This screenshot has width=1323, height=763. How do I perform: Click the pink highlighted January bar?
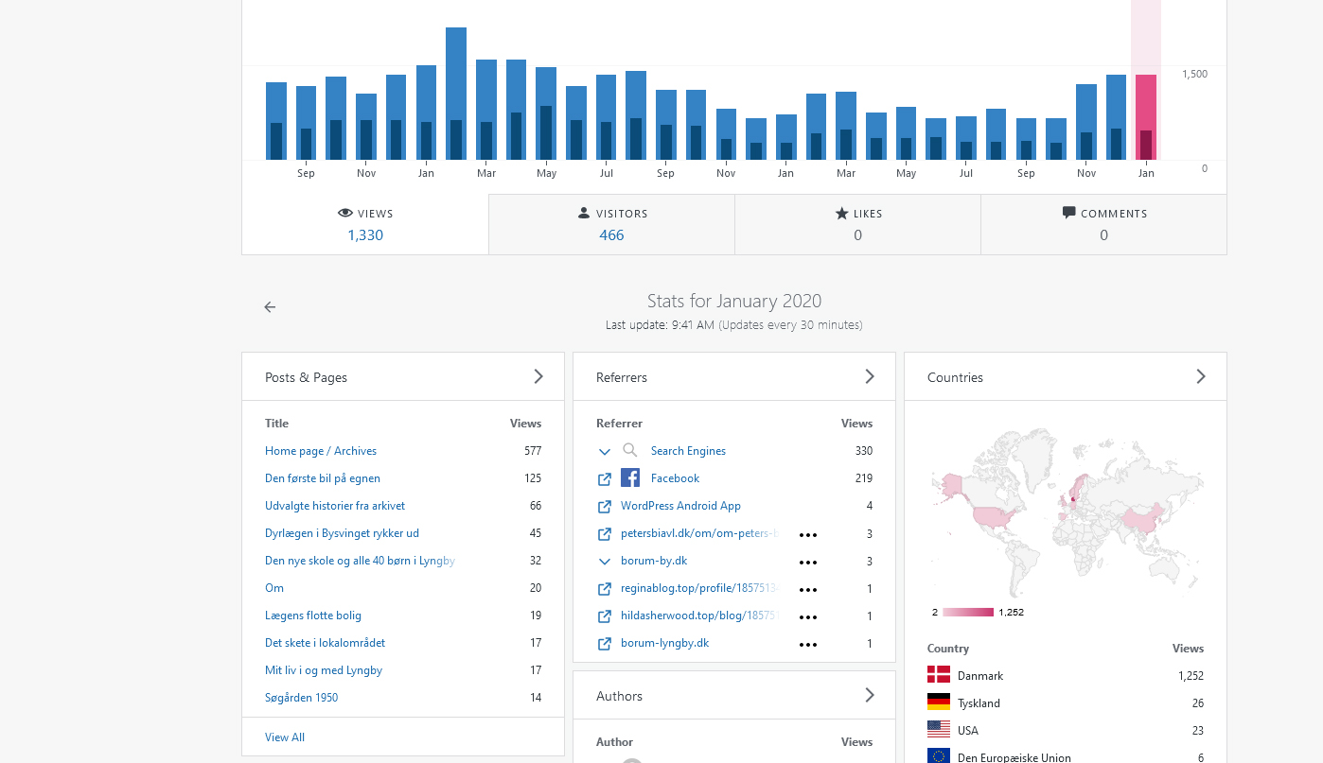[1146, 117]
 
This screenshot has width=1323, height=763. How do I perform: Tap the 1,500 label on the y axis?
[1194, 74]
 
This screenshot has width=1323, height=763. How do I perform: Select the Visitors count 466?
[611, 234]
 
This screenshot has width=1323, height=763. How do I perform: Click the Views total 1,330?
[365, 234]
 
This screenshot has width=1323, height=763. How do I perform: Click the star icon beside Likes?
[841, 213]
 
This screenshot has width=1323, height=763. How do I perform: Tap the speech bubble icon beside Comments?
[1068, 213]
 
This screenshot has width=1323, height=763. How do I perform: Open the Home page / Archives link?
[320, 451]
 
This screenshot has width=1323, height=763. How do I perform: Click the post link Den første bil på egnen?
[323, 478]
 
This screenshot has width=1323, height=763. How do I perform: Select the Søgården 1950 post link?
[301, 698]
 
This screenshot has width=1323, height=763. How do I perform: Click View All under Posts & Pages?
[285, 737]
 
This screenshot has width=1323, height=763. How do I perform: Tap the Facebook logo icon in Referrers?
[630, 477]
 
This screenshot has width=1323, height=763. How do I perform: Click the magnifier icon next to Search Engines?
[629, 450]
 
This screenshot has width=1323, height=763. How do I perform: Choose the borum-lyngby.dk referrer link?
[664, 643]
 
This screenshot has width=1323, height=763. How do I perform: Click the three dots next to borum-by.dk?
[807, 563]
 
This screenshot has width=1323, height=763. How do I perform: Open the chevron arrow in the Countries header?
[1201, 376]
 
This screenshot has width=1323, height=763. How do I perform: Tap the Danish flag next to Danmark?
[939, 675]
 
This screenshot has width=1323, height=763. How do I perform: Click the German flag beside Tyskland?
[939, 702]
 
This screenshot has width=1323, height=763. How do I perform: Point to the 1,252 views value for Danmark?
[1191, 676]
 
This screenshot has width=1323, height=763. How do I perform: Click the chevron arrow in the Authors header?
[870, 695]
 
